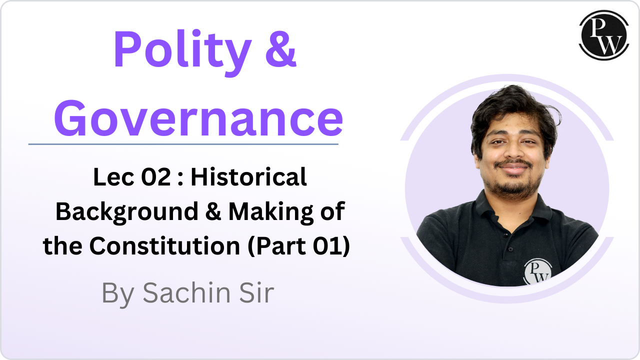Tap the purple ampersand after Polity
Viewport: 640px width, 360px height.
pyautogui.click(x=281, y=48)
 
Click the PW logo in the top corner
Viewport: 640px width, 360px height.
pyautogui.click(x=604, y=35)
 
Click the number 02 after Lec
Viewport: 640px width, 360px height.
pyautogui.click(x=156, y=177)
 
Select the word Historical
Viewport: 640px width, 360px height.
pyautogui.click(x=249, y=177)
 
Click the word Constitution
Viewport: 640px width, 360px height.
pyautogui.click(x=164, y=246)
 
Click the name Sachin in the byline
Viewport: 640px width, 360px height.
pyautogui.click(x=186, y=292)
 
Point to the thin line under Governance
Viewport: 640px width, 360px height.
pyautogui.click(x=183, y=144)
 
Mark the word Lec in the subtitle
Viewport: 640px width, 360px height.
pyautogui.click(x=113, y=177)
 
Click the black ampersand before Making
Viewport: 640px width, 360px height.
pyautogui.click(x=213, y=211)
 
